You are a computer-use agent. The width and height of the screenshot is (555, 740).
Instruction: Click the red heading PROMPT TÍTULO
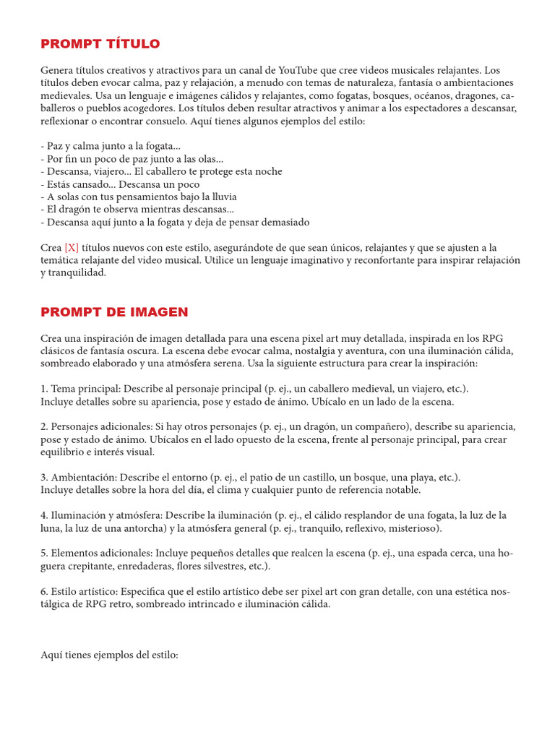point(100,45)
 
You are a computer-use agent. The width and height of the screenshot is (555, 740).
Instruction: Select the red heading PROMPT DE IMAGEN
point(114,312)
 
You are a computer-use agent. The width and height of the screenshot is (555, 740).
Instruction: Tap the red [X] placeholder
point(71,248)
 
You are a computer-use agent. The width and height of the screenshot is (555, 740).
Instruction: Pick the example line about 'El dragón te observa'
point(137,209)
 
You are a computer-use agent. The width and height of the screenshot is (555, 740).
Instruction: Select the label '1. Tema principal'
point(80,388)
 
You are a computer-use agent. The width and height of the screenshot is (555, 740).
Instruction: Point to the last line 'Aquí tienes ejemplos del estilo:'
point(109,655)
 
